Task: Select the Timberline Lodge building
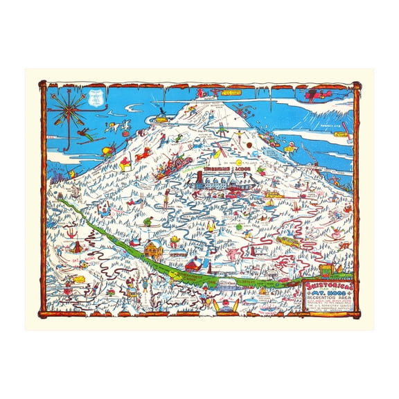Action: (221, 181)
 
